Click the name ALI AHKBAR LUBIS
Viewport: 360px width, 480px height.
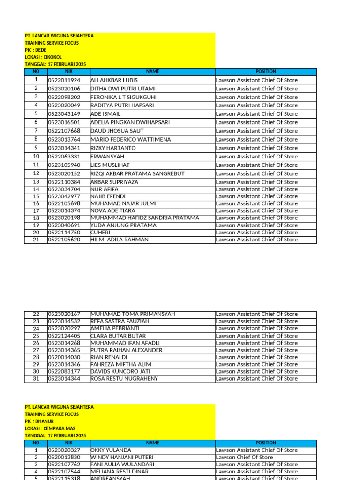(114, 80)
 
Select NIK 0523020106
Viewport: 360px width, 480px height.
(64, 89)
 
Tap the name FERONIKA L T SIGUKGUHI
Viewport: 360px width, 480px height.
(123, 97)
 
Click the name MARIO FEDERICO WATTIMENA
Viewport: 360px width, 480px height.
(130, 139)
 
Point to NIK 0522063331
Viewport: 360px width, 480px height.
(64, 157)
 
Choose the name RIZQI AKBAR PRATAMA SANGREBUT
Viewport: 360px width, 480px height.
(137, 173)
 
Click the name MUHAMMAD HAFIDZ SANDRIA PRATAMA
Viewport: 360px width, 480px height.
(144, 218)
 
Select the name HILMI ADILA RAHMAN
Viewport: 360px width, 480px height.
(120, 240)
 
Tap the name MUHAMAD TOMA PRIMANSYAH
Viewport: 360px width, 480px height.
(133, 314)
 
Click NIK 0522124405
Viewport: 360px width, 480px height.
(64, 336)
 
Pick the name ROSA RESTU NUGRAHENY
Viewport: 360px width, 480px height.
(124, 378)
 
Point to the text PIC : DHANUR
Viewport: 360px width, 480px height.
(39, 421)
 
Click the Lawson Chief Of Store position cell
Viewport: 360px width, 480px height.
(244, 457)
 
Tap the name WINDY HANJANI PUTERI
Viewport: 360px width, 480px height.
(121, 457)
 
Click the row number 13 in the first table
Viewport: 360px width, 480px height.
(36, 182)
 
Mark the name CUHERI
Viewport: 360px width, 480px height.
(100, 232)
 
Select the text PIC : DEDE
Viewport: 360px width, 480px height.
(36, 50)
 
